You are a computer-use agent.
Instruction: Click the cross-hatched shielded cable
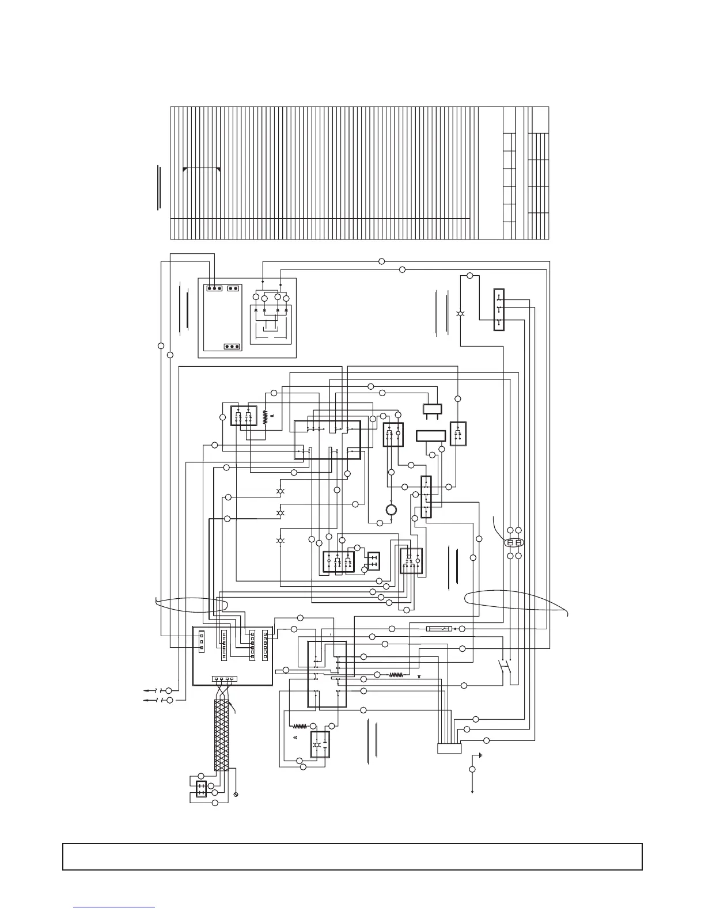pos(222,735)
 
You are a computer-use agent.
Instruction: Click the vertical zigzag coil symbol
pos(266,416)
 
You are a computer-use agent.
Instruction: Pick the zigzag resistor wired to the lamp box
pos(300,726)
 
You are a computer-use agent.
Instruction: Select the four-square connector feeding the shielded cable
pos(223,679)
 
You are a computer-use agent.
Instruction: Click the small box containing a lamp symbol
pos(320,744)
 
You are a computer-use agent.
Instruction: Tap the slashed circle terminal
pos(236,795)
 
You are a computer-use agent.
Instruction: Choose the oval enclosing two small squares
pos(514,543)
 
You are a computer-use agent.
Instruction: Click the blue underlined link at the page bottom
pos(115,907)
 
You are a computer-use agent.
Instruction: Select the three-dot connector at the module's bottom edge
pos(232,347)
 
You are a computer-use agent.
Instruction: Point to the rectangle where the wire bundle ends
pos(449,748)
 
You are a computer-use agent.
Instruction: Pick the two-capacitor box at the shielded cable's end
pos(200,789)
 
